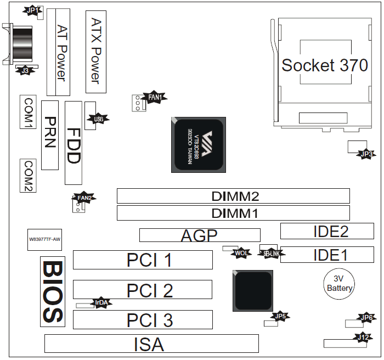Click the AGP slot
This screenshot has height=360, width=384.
coord(200,235)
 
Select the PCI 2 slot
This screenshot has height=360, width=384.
coord(143,290)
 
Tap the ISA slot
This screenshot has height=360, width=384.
coord(151,344)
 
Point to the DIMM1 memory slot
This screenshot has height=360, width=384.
coord(233,213)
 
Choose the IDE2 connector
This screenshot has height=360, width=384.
coord(327,231)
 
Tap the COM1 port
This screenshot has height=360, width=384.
coord(29,113)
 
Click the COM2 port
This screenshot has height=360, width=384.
coord(28,176)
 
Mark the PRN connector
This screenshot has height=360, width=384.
coord(50,134)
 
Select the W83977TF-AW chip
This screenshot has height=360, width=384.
coord(44,239)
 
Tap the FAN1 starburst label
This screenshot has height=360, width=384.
coord(155,97)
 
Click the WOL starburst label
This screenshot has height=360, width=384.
coord(241,253)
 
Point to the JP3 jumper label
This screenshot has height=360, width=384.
coord(366,154)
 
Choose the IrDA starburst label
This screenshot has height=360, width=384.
coord(101,302)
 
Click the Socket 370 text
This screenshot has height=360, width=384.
coord(325,65)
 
